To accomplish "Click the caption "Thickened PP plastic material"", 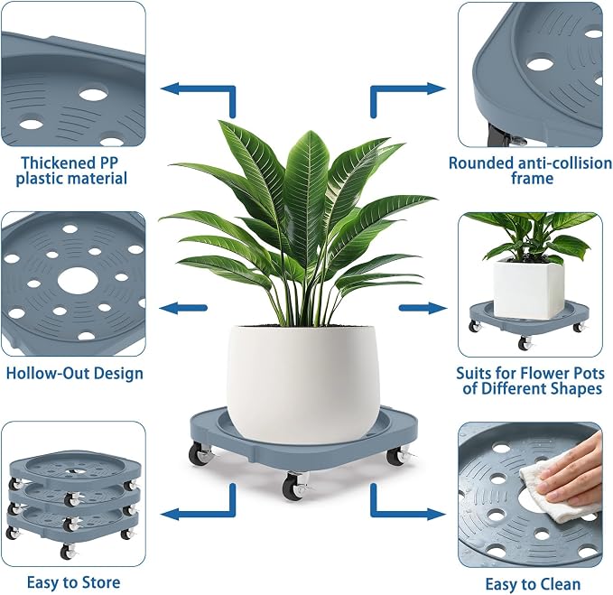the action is pyautogui.click(x=71, y=171).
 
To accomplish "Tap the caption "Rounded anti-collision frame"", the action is pyautogui.click(x=531, y=171).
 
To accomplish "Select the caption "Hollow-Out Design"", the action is pyautogui.click(x=75, y=373).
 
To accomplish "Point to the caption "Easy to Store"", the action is pyautogui.click(x=73, y=582).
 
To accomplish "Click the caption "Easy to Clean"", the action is pyautogui.click(x=533, y=584).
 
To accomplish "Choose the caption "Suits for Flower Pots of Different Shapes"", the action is pyautogui.click(x=531, y=381).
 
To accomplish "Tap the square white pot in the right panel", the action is pyautogui.click(x=528, y=289).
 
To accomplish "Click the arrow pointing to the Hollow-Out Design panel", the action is pyautogui.click(x=183, y=308).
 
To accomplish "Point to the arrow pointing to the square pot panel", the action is pyautogui.click(x=423, y=308).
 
